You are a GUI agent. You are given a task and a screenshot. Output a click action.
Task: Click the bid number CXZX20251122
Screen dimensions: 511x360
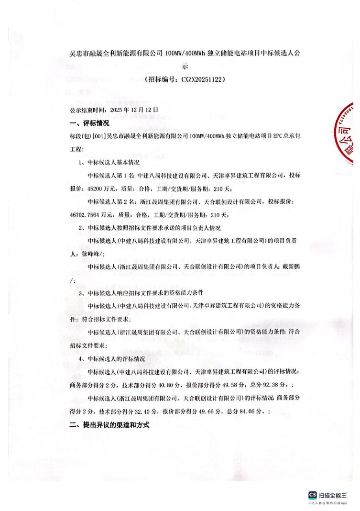click(x=203, y=79)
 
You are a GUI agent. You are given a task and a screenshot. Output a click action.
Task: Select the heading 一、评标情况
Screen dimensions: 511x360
click(x=89, y=123)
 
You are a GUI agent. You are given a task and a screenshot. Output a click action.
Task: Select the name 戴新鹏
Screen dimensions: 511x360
click(x=291, y=267)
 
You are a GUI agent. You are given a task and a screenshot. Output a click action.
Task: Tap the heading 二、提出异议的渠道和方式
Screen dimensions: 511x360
click(x=109, y=424)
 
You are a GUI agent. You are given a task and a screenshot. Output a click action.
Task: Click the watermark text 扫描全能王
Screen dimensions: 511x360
click(x=333, y=495)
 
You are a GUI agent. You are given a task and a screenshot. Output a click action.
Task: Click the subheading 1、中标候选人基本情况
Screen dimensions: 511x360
click(x=109, y=162)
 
